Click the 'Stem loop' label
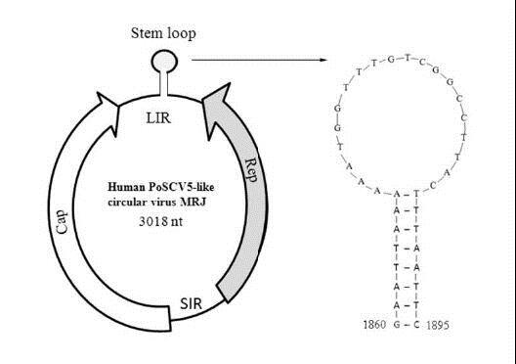(163, 33)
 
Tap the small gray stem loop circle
(164, 61)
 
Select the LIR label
(158, 118)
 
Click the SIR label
(192, 303)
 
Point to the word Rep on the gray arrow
(251, 170)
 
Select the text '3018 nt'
(160, 221)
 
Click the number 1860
(374, 325)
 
